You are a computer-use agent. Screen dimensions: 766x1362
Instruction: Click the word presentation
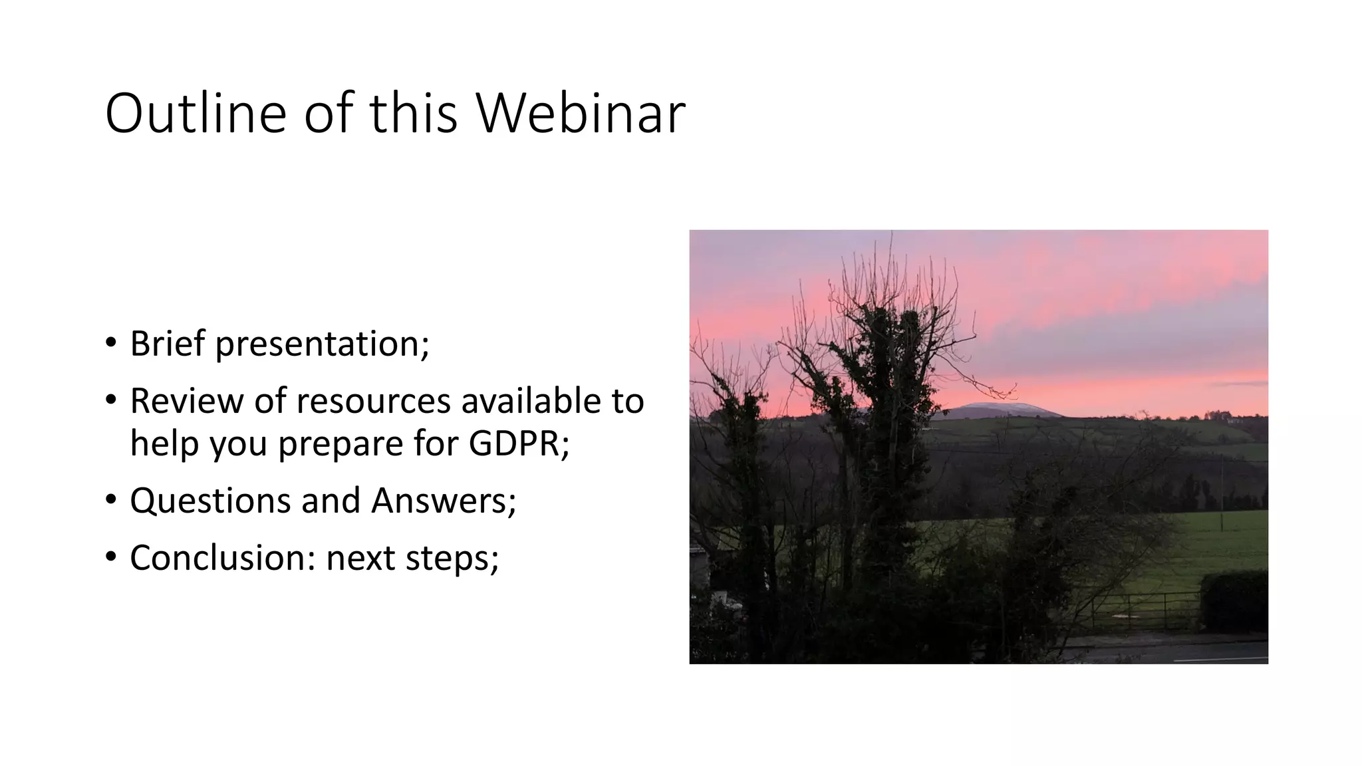322,345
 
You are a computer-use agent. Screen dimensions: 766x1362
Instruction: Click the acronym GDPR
518,444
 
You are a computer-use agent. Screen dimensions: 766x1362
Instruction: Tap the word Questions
210,501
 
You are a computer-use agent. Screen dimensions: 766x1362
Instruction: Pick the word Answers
443,501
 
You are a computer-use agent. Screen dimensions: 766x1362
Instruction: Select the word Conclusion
222,557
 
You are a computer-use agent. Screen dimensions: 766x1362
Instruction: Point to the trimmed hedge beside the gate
1234,602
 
